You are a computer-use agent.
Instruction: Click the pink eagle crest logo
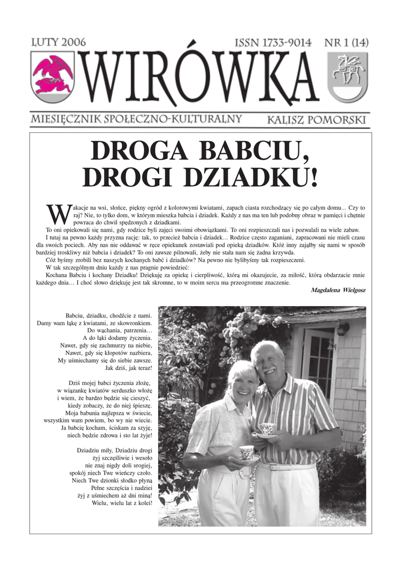[52, 76]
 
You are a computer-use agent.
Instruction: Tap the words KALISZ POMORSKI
[317, 119]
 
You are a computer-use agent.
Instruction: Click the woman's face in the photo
[243, 386]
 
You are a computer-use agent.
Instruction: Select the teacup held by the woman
[247, 452]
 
